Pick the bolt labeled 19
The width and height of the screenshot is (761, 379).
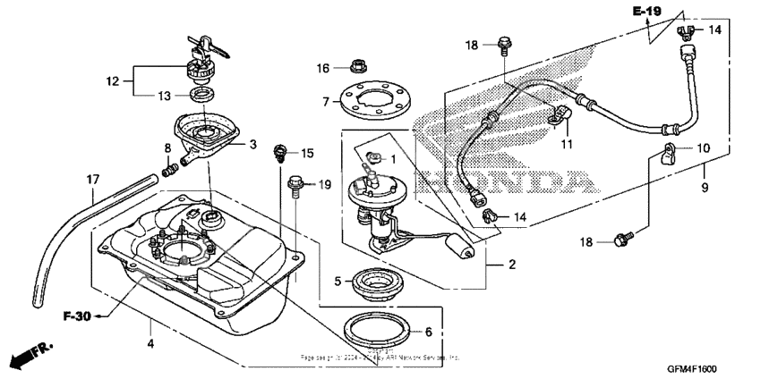tap(295, 184)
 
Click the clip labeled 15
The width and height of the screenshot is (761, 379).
tap(280, 152)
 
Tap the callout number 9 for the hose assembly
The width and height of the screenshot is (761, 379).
tap(703, 188)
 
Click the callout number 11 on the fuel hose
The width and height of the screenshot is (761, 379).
tap(565, 144)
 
